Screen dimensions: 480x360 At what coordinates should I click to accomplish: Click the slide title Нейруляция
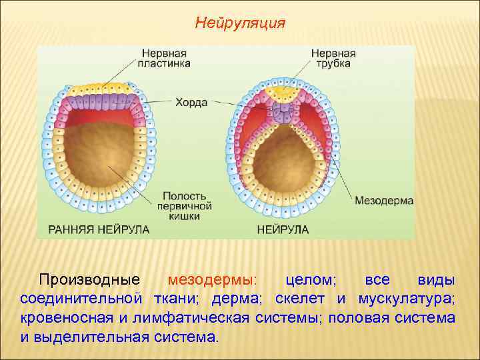click(x=240, y=24)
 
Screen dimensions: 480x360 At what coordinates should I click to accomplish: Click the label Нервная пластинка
click(x=166, y=58)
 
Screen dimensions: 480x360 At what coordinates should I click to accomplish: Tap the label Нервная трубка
click(x=333, y=58)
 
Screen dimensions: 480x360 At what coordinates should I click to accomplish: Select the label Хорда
click(x=191, y=103)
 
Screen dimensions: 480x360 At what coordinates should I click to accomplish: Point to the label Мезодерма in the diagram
click(x=384, y=200)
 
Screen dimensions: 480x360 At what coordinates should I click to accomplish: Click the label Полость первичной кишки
click(x=187, y=201)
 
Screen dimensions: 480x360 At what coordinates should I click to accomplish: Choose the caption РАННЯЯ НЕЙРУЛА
click(x=99, y=229)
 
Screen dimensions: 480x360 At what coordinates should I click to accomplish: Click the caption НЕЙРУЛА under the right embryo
click(x=283, y=229)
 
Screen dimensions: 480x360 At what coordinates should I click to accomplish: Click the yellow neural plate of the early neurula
click(x=99, y=88)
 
